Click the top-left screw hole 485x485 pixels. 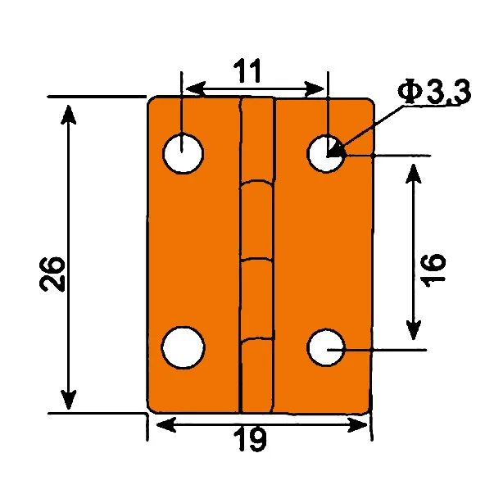point(183,152)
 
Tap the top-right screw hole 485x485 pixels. point(327,152)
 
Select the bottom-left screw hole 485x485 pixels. point(183,347)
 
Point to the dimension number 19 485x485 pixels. point(253,441)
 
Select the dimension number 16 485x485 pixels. point(435,269)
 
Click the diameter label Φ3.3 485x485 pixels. point(435,93)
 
